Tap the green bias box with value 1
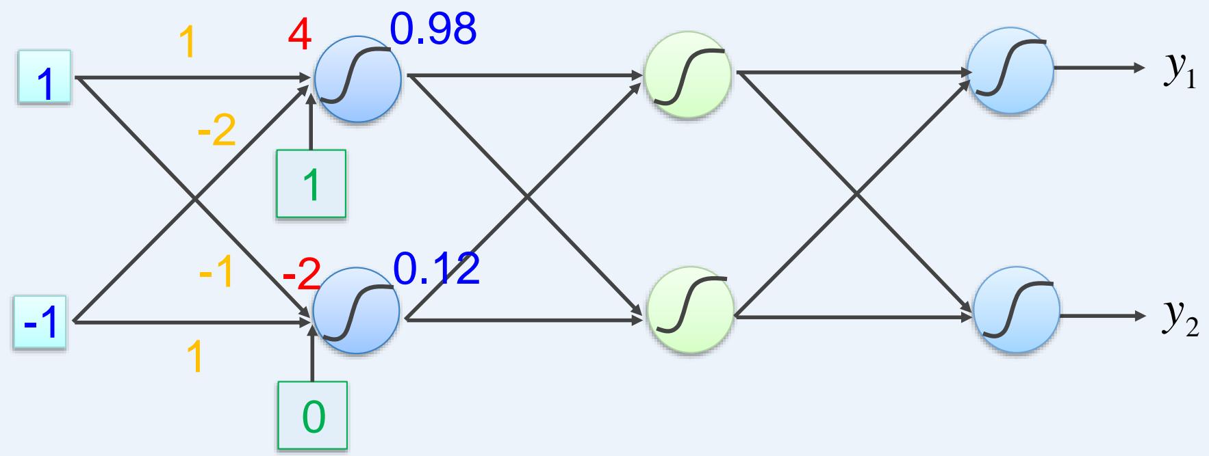[311, 184]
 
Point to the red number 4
[299, 36]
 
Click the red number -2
[301, 276]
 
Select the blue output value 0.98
[433, 29]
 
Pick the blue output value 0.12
[436, 269]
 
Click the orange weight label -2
[216, 132]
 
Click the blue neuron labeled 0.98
[357, 79]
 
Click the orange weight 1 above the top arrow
[186, 42]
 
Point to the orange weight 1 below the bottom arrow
[194, 357]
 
